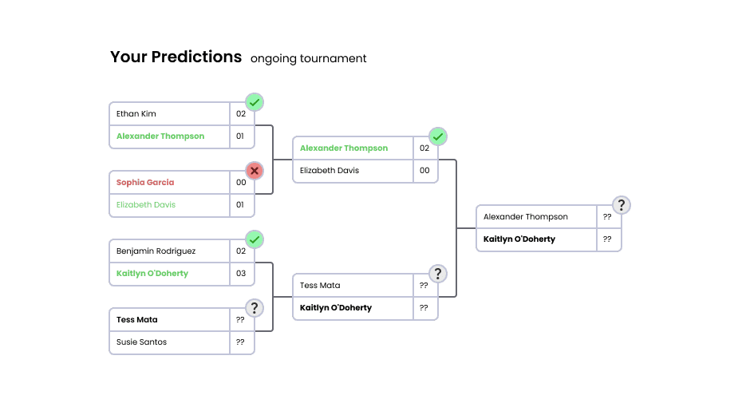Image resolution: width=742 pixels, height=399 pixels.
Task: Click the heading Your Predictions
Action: pyautogui.click(x=176, y=57)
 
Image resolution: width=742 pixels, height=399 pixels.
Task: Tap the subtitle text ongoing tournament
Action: pyautogui.click(x=308, y=59)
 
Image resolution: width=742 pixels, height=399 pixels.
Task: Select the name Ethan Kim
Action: pyautogui.click(x=136, y=114)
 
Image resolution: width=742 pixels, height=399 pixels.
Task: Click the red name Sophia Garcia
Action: pyautogui.click(x=145, y=183)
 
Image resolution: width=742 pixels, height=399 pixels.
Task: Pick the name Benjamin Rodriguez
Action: pyautogui.click(x=156, y=251)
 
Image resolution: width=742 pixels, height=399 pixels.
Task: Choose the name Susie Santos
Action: pyautogui.click(x=141, y=342)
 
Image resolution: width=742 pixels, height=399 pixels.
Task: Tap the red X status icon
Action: pyautogui.click(x=255, y=171)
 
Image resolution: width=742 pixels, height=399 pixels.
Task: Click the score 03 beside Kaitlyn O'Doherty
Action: pyautogui.click(x=241, y=274)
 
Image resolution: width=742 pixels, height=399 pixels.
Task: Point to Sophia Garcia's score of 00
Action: pyautogui.click(x=241, y=183)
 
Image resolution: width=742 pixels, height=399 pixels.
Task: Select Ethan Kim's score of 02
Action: pyautogui.click(x=241, y=114)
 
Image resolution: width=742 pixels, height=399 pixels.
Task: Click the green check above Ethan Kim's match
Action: pyautogui.click(x=255, y=102)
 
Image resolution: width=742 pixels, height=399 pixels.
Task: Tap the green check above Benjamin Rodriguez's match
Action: pyautogui.click(x=255, y=239)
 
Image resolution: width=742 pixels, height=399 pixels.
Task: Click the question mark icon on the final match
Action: pyautogui.click(x=622, y=205)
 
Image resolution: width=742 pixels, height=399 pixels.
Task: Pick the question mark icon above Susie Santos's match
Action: pyautogui.click(x=255, y=308)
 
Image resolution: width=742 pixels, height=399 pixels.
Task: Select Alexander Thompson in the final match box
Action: pyautogui.click(x=526, y=217)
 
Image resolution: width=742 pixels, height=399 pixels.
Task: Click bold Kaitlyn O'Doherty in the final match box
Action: pyautogui.click(x=519, y=239)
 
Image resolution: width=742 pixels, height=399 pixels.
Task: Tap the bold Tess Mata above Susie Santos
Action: pyautogui.click(x=137, y=320)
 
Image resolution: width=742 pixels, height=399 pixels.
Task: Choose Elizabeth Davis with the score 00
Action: pyautogui.click(x=330, y=171)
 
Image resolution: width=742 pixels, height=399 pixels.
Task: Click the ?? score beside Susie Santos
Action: pyautogui.click(x=241, y=342)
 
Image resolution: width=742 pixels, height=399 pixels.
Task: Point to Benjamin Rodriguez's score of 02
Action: pyautogui.click(x=241, y=251)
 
